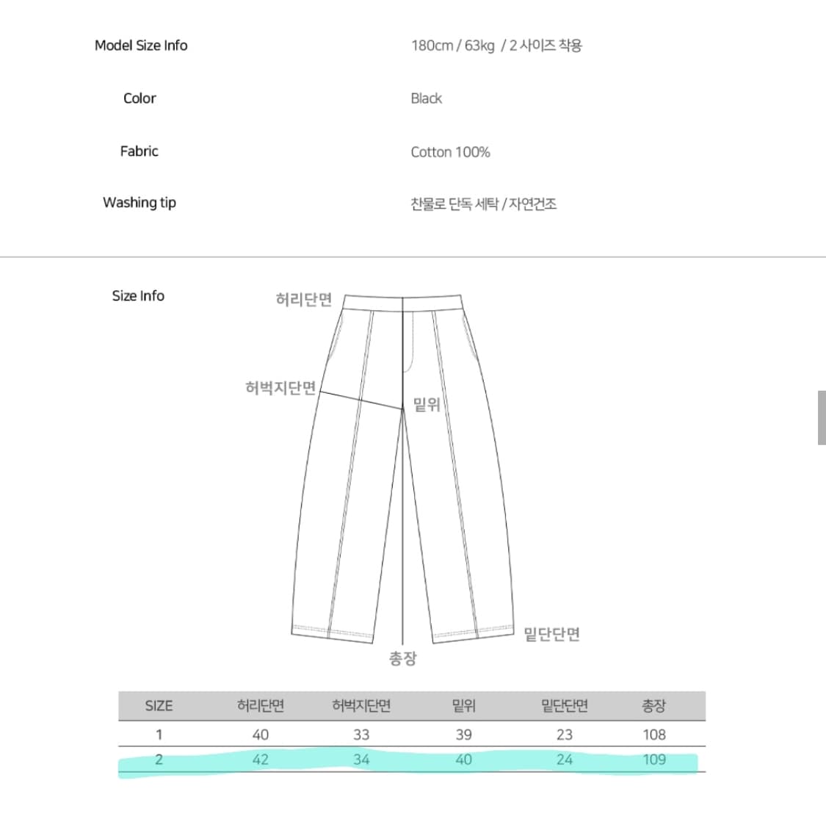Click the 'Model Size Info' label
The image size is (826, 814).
tap(141, 46)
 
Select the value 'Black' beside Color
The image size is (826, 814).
tap(426, 98)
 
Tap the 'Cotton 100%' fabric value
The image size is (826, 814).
tap(450, 152)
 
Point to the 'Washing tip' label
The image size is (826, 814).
tap(140, 203)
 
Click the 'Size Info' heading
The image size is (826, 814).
tap(138, 296)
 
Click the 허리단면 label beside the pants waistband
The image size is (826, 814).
tap(304, 300)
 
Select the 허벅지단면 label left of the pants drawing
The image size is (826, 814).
tap(280, 388)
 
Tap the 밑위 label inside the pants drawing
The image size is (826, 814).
tap(427, 405)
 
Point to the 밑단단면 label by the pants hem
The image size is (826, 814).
tap(551, 634)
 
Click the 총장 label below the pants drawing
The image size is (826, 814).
tap(403, 658)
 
